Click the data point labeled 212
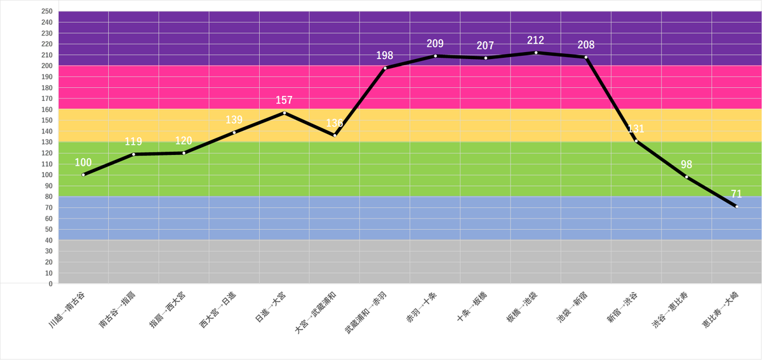(x=536, y=53)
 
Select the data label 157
(x=284, y=100)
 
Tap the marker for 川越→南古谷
(x=83, y=175)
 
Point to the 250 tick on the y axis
(x=46, y=11)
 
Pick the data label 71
(x=737, y=194)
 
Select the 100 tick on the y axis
(x=46, y=175)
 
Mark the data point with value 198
(x=385, y=68)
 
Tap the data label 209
(x=435, y=44)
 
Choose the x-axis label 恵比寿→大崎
(x=721, y=311)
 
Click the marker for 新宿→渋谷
(x=636, y=141)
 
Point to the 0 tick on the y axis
(x=50, y=284)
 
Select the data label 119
(x=133, y=142)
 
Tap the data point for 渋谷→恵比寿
(x=686, y=177)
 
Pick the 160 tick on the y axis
(x=46, y=109)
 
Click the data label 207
(x=485, y=46)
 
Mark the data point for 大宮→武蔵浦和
(x=335, y=135)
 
